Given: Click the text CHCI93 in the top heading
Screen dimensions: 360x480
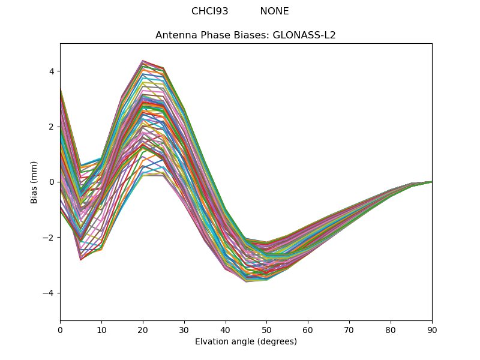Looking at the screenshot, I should [209, 11].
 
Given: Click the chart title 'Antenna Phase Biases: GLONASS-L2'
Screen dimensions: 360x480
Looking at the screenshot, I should [245, 35].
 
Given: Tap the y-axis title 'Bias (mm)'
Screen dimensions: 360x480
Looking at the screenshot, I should [34, 182].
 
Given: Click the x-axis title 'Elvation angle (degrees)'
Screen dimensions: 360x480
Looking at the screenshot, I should [245, 342].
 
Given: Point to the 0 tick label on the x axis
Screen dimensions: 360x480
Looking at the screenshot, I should [60, 329].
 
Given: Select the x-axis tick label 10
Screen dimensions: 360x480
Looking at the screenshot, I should [101, 329].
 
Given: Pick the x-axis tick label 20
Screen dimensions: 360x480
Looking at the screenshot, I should [143, 329].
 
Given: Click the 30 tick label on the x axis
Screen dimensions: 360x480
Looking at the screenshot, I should [184, 329].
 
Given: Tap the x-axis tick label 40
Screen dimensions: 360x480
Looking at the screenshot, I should [226, 329].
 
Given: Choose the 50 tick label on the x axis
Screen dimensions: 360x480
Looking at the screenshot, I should [266, 329].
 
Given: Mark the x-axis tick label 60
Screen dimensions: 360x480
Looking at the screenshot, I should [308, 329].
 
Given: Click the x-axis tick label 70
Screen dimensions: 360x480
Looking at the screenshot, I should [349, 329].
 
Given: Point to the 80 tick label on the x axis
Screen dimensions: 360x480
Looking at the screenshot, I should [391, 329].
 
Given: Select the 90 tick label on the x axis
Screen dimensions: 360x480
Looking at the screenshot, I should [432, 329].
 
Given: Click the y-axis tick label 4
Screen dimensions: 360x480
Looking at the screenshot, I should [52, 71].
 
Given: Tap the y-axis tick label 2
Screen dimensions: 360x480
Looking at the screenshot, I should [52, 127].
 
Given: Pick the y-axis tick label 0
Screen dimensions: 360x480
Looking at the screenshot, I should [52, 182].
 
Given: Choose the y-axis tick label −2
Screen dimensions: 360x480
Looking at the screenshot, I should [49, 238].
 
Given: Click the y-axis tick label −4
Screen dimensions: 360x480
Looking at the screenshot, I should [49, 293].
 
